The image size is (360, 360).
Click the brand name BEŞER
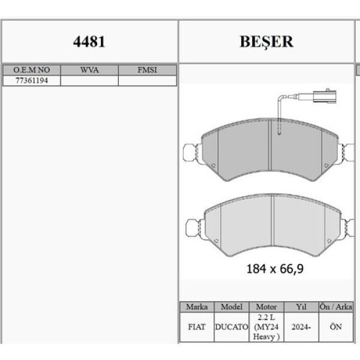(x=266, y=42)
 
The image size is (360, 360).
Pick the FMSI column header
(x=147, y=70)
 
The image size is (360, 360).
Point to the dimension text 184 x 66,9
(x=274, y=269)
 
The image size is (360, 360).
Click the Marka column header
(x=197, y=307)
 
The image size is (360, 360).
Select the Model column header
(x=231, y=307)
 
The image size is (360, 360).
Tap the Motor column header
(x=266, y=307)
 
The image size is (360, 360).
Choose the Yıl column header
(x=301, y=307)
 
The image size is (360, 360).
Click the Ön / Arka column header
(x=335, y=307)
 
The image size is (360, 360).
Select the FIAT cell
(x=197, y=328)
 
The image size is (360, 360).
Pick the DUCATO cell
(x=231, y=328)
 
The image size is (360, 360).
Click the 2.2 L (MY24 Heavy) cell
(x=266, y=327)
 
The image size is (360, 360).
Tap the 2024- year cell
(x=301, y=328)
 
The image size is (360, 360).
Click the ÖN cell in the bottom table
(x=335, y=328)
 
